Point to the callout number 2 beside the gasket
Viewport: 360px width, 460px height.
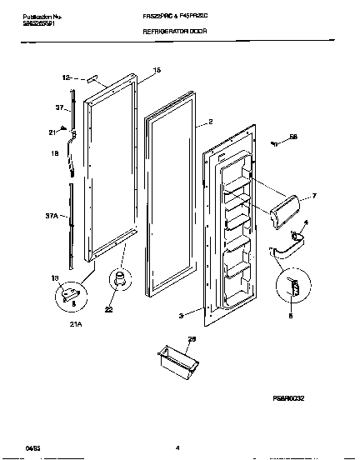[x=199, y=121]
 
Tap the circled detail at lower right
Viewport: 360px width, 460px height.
[x=291, y=287]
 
